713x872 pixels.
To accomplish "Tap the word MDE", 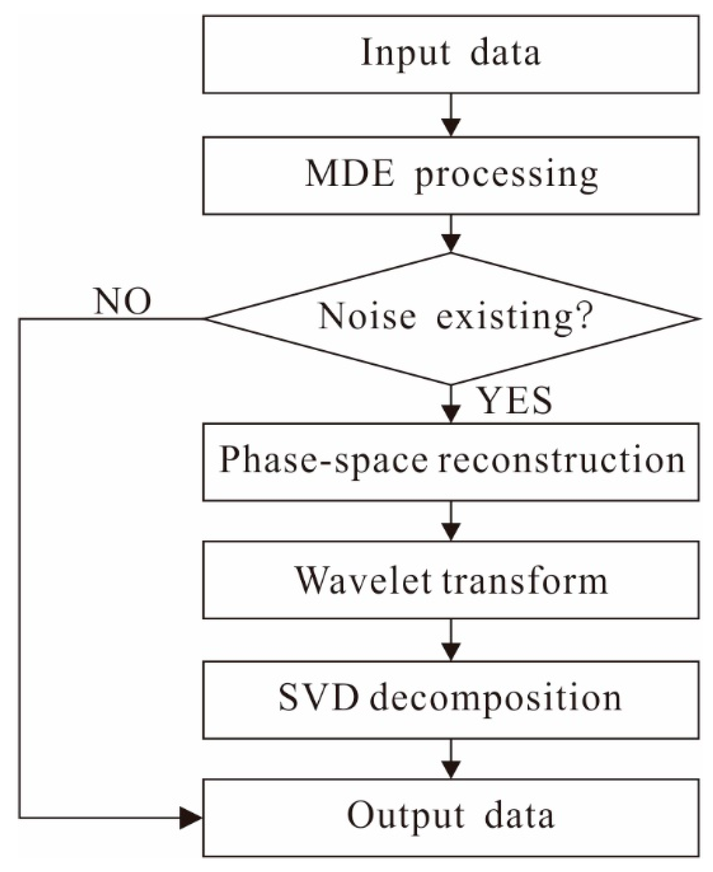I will click(x=350, y=175).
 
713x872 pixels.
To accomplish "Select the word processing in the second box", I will click(x=507, y=176).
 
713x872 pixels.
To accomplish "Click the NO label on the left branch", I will click(x=123, y=302).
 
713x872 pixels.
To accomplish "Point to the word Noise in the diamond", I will click(x=367, y=316).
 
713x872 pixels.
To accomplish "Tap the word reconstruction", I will click(x=561, y=461).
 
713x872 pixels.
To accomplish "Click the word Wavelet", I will click(x=363, y=581).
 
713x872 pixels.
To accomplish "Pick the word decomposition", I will click(x=495, y=699).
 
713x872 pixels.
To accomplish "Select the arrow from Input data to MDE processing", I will click(x=451, y=116).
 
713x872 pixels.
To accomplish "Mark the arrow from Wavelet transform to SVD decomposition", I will click(x=451, y=640).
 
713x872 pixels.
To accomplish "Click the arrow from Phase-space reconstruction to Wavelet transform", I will click(x=451, y=521).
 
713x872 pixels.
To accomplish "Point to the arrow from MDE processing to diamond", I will click(x=451, y=234).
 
